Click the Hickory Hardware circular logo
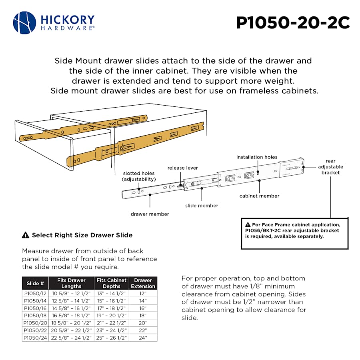click(25, 23)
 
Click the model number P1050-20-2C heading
click(293, 23)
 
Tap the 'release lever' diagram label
click(182, 168)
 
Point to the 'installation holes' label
click(256, 157)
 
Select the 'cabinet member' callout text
click(259, 196)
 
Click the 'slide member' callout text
click(202, 206)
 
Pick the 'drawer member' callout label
click(150, 214)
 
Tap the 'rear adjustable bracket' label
click(330, 167)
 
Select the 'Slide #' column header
click(35, 283)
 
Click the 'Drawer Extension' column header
click(143, 283)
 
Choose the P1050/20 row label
click(36, 323)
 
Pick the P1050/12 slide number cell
click(36, 293)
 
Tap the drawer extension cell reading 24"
click(143, 338)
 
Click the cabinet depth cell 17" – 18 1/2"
click(111, 308)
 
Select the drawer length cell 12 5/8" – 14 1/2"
click(71, 300)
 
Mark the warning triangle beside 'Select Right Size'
click(26, 235)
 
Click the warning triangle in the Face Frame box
click(248, 225)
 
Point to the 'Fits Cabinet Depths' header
click(111, 283)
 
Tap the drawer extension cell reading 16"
click(143, 308)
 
